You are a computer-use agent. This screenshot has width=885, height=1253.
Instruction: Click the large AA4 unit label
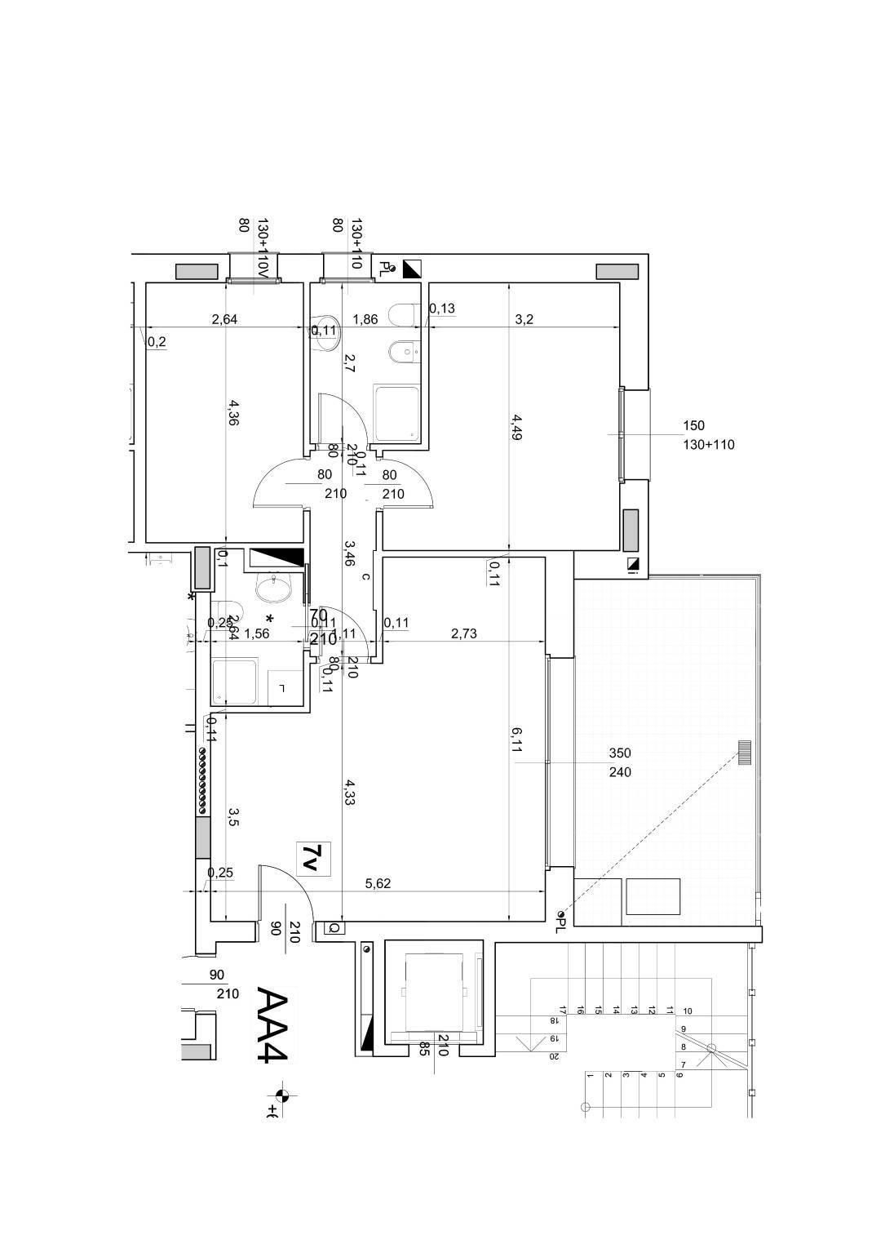point(272,1024)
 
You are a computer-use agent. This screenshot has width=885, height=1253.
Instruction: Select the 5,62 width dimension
point(378,882)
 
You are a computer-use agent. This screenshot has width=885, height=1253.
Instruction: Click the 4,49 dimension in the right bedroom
point(516,427)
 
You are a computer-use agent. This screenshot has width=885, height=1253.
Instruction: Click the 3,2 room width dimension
point(524,319)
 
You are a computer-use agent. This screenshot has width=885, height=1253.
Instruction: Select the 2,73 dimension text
point(463,633)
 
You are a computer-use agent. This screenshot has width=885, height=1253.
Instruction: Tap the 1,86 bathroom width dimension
point(364,319)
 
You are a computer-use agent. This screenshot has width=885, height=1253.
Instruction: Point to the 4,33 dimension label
point(348,792)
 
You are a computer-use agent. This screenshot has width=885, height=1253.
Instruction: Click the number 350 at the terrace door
point(620,753)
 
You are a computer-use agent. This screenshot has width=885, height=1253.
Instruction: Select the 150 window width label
point(693,425)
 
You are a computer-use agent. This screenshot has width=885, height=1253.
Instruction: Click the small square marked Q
point(333,928)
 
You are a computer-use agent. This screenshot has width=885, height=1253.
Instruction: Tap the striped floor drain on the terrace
point(744,752)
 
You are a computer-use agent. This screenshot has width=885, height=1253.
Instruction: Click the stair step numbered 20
point(554,1057)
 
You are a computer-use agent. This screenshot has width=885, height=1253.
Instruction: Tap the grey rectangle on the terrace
point(652,896)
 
